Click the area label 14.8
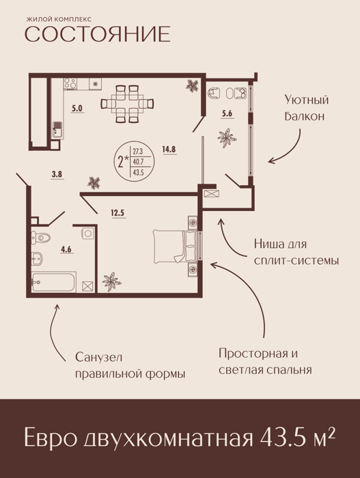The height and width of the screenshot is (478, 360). coord(170,150)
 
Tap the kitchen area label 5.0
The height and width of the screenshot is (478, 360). coord(77,108)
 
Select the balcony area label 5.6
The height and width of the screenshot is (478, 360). coord(227,114)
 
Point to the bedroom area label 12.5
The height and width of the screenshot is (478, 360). coord(117,212)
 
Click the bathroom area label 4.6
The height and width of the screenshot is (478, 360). coord(66,249)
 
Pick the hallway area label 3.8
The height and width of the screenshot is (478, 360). coord(57,175)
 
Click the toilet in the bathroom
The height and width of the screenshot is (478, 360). coord(41,237)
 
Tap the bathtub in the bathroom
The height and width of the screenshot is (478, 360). coord(54,282)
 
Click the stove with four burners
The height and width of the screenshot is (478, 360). coord(70,83)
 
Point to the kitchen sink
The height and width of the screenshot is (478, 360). coord(57,130)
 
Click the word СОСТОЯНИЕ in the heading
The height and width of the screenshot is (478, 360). coord(97,34)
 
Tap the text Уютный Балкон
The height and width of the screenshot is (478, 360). coord(306,108)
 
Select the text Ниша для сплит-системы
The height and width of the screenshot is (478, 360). coord(296,253)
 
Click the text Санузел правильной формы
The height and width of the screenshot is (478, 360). coord(130,365)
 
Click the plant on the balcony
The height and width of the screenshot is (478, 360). coord(227,138)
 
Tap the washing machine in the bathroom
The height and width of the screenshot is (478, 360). coord(89,234)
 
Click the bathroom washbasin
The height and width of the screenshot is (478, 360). coord(37,259)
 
